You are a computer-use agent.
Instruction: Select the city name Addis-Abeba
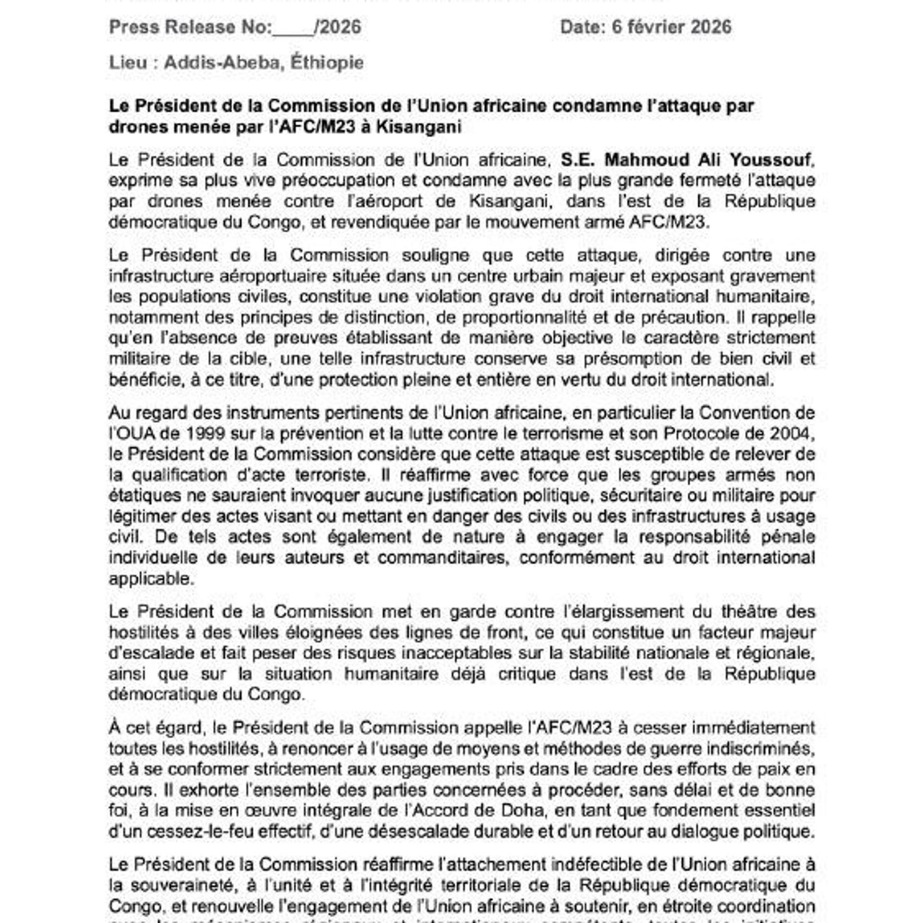[221, 62]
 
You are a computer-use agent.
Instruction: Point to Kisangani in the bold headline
[419, 127]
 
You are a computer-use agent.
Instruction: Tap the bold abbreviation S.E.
[579, 159]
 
